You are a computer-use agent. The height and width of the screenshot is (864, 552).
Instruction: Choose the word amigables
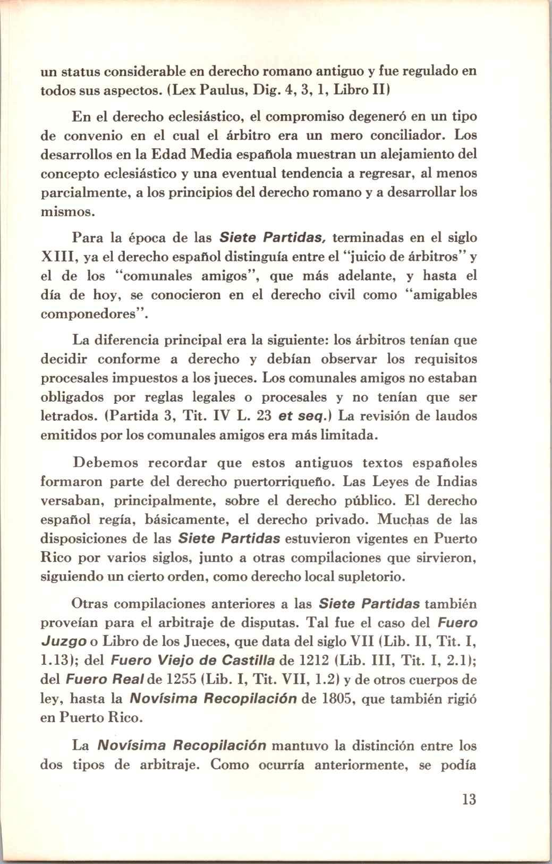tap(445, 295)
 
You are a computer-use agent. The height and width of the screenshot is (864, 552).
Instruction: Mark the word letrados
tap(61, 416)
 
